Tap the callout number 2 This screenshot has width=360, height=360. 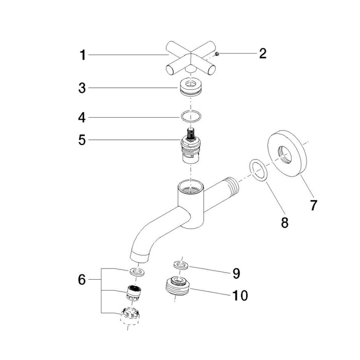click(263, 53)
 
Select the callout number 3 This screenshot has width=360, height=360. click(83, 88)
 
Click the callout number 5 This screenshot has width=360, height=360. click(82, 139)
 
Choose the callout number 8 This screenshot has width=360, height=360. click(283, 222)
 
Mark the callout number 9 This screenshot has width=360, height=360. click(236, 272)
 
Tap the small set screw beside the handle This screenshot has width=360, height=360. click(218, 53)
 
